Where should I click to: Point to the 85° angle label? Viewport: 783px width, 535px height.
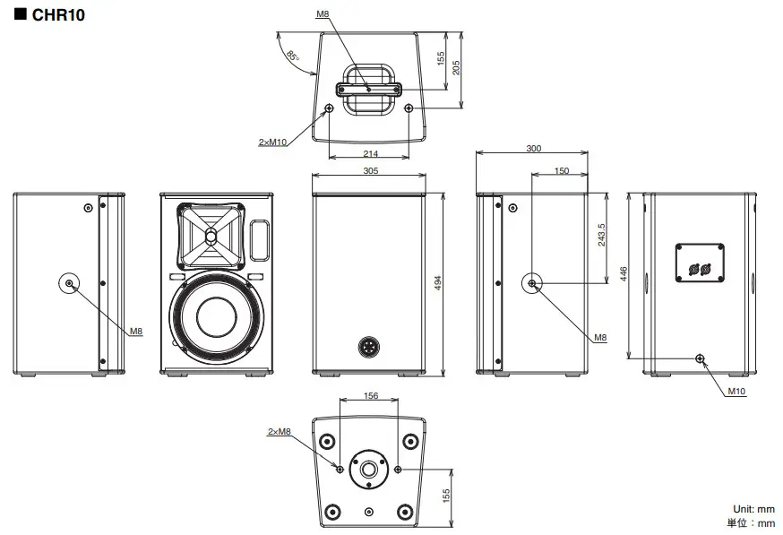pyautogui.click(x=292, y=56)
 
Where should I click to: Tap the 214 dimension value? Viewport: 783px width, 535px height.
pyautogui.click(x=369, y=154)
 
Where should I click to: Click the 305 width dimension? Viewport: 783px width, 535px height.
pyautogui.click(x=368, y=170)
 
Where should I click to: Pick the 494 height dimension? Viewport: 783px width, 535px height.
pyautogui.click(x=439, y=282)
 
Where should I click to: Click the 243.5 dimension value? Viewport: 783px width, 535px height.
pyautogui.click(x=602, y=235)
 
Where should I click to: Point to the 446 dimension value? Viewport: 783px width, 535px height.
pyautogui.click(x=624, y=273)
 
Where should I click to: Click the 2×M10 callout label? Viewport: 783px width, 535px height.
pyautogui.click(x=272, y=142)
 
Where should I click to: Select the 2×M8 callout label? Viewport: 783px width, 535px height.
pyautogui.click(x=279, y=432)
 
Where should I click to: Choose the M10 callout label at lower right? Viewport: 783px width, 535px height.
pyautogui.click(x=736, y=392)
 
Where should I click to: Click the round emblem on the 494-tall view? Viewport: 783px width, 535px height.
pyautogui.click(x=367, y=347)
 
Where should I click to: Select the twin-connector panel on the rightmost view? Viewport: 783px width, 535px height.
pyautogui.click(x=700, y=263)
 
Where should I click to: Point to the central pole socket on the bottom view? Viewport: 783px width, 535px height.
pyautogui.click(x=369, y=470)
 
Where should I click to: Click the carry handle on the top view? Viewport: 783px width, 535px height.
pyautogui.click(x=368, y=90)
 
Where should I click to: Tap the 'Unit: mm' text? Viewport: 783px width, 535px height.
pyautogui.click(x=753, y=508)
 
